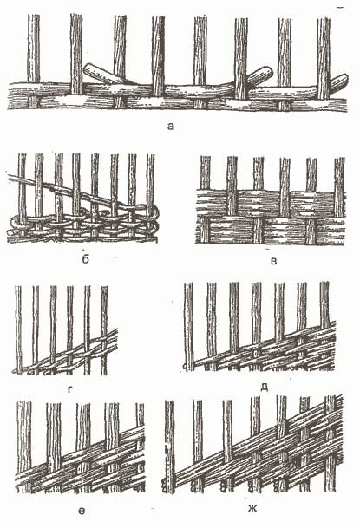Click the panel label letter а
coord(171,127)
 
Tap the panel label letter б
coord(86,258)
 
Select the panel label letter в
coord(274,261)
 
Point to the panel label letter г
coord(70,390)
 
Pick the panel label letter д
coord(265,388)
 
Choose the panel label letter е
coord(82,512)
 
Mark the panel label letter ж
coord(252,508)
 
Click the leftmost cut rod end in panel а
coord(88,68)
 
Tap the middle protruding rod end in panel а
coord(265,73)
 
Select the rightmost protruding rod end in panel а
coord(341,81)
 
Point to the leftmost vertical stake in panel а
coord(33,61)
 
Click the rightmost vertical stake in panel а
coord(324,58)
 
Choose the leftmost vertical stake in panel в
coord(205,199)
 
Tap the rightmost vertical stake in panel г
coord(104,330)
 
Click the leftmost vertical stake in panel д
coord(189,327)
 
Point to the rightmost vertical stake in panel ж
coord(330,444)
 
